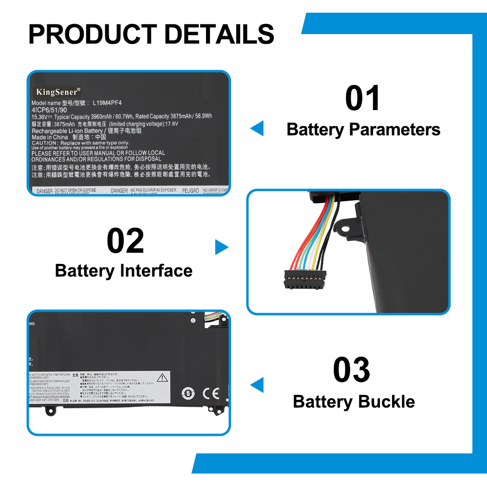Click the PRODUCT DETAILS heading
click(151, 34)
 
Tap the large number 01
click(363, 98)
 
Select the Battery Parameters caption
click(363, 130)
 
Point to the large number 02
click(125, 241)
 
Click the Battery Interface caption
click(124, 271)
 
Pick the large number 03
click(352, 370)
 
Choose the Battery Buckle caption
click(354, 402)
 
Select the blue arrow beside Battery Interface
click(222, 247)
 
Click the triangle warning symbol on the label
click(161, 378)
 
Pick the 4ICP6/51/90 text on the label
click(49, 110)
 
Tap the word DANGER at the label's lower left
click(44, 191)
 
